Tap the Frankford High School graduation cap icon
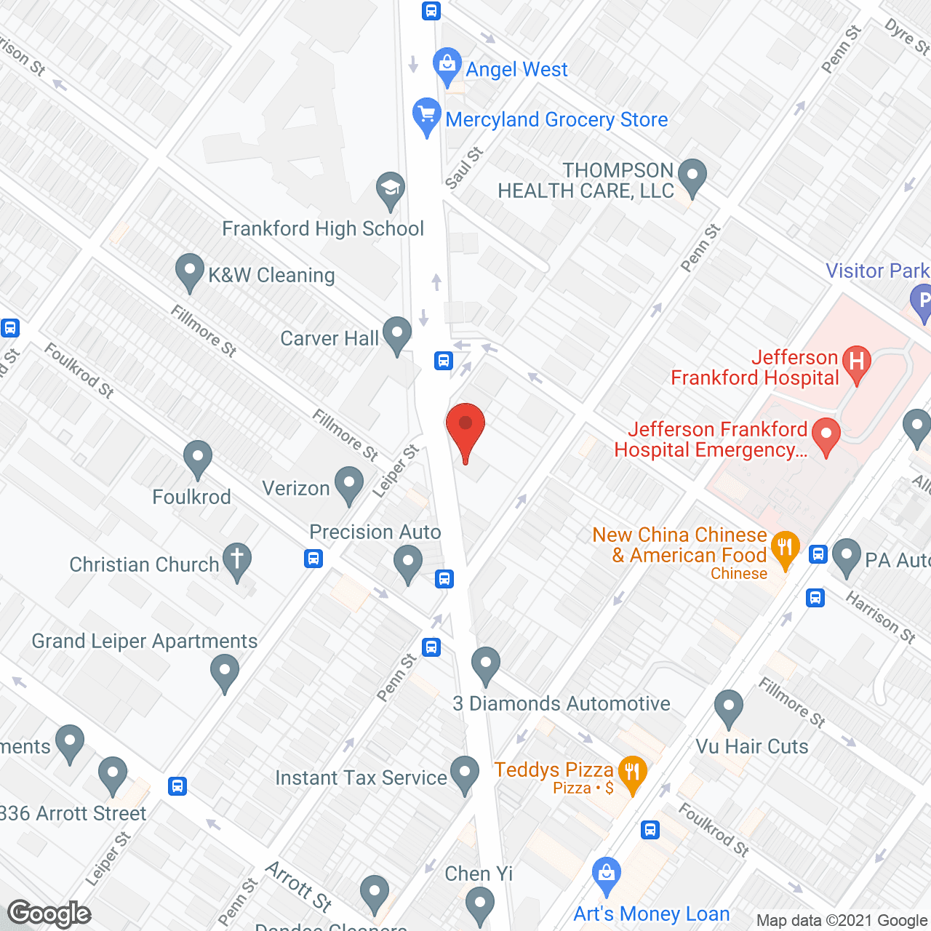coord(391,189)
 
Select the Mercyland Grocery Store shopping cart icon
coord(427,115)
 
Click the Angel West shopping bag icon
coord(447,65)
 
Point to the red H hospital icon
coord(857,361)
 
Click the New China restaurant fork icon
coord(785,548)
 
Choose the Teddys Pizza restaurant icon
coord(632,772)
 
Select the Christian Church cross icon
coord(236,559)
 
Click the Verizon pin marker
coord(349,484)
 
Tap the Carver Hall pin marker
coord(397,334)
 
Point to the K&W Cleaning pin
coord(190,270)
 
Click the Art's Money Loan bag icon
coord(606,874)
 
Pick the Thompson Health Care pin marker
coord(692,176)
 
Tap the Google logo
coord(49,914)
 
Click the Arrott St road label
coord(299,885)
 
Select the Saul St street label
coord(464,169)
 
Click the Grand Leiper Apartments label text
coord(144,641)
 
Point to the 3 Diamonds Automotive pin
coord(485,663)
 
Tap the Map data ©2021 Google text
coord(842,921)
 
